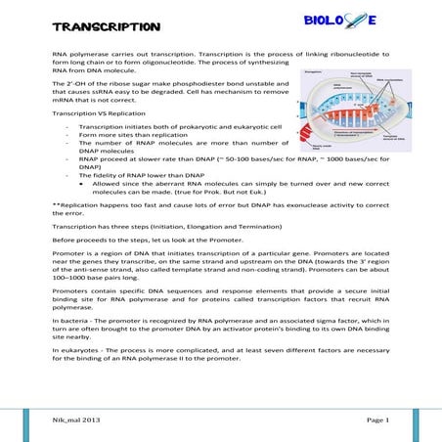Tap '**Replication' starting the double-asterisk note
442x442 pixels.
pyautogui.click(x=72, y=202)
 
